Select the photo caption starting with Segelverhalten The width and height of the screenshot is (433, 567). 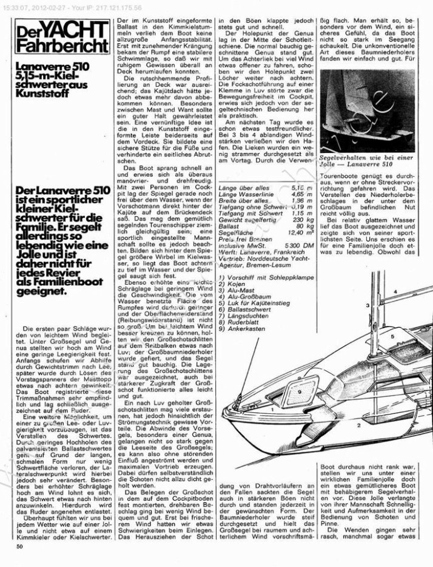coord(358,160)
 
